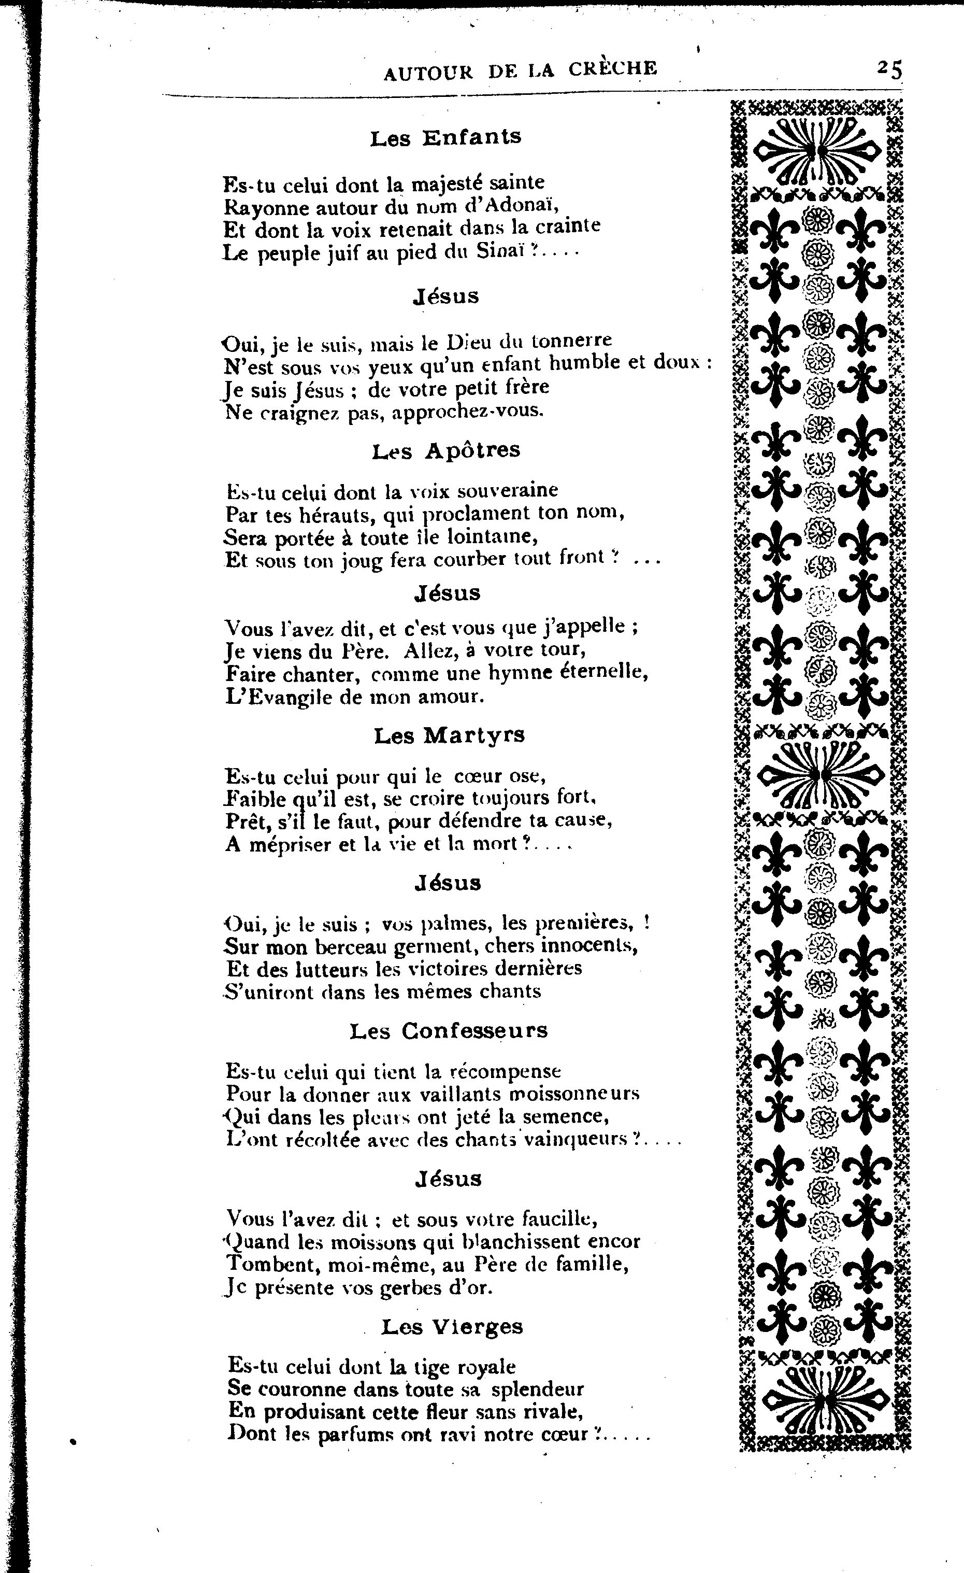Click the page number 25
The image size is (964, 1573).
(x=890, y=69)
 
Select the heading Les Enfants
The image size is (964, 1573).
(x=446, y=137)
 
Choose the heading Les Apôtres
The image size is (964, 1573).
(x=447, y=450)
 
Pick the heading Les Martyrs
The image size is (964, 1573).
(x=449, y=735)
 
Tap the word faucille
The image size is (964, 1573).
(x=559, y=1220)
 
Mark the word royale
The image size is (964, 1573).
(x=486, y=1367)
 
